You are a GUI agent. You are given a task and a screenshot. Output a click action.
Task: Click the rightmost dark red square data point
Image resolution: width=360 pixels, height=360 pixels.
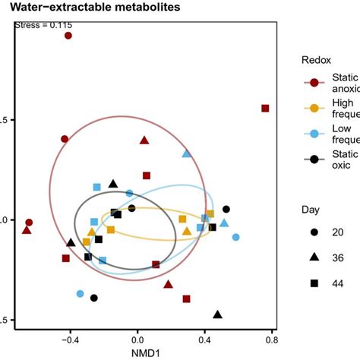(x=265, y=109)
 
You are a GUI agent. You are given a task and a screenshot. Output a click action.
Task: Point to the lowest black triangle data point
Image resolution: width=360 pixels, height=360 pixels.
(x=218, y=314)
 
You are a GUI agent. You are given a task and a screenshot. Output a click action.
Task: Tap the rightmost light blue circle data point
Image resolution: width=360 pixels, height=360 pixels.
(x=235, y=238)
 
